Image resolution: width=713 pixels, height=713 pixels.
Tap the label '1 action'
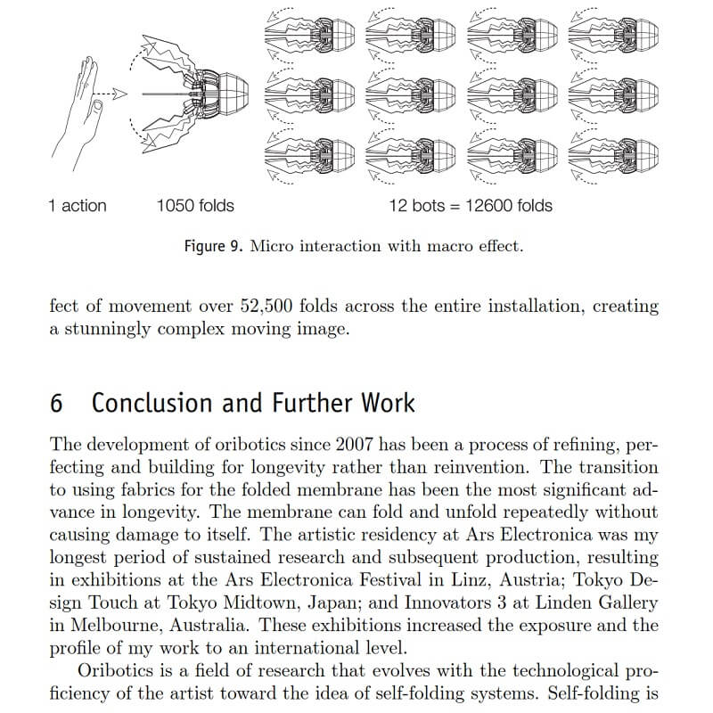78,206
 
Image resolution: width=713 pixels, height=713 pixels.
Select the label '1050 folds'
195,206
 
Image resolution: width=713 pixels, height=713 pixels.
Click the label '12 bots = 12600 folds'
471,206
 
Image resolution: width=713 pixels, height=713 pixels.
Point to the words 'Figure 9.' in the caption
213,246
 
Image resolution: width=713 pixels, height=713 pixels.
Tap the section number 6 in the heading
57,403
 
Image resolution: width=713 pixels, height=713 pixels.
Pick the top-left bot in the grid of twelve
307,33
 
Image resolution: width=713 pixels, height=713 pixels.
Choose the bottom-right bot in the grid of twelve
613,152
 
